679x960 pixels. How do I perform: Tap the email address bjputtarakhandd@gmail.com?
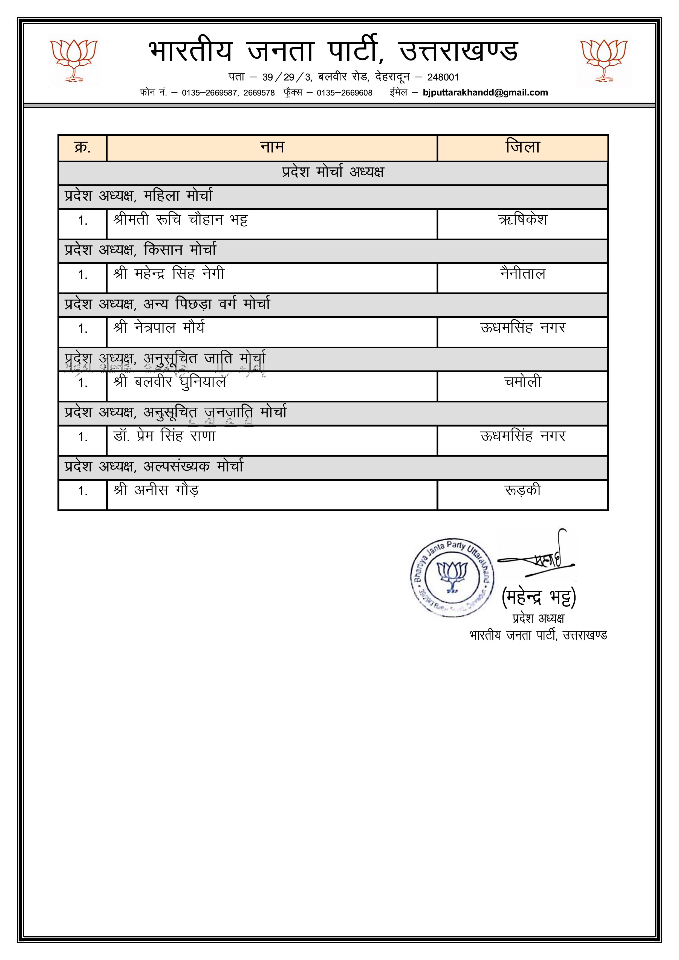(x=485, y=92)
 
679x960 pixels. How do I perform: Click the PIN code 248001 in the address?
(x=443, y=77)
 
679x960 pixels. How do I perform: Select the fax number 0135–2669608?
(x=344, y=93)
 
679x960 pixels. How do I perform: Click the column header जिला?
(x=522, y=147)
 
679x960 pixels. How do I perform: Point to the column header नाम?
(x=272, y=147)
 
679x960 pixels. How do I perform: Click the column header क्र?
(x=82, y=147)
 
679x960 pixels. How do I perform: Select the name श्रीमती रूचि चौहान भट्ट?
(x=181, y=219)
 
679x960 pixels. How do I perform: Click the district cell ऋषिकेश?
(x=522, y=219)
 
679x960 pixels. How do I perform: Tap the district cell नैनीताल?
(x=522, y=274)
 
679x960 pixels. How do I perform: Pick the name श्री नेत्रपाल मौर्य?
(x=159, y=328)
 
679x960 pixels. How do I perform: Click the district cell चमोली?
(x=522, y=382)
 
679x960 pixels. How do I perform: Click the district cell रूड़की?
(x=522, y=490)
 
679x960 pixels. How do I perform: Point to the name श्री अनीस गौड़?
(x=156, y=490)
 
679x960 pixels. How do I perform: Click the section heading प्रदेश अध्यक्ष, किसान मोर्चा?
(x=141, y=250)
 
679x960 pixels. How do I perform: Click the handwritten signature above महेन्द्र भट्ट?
(x=540, y=558)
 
